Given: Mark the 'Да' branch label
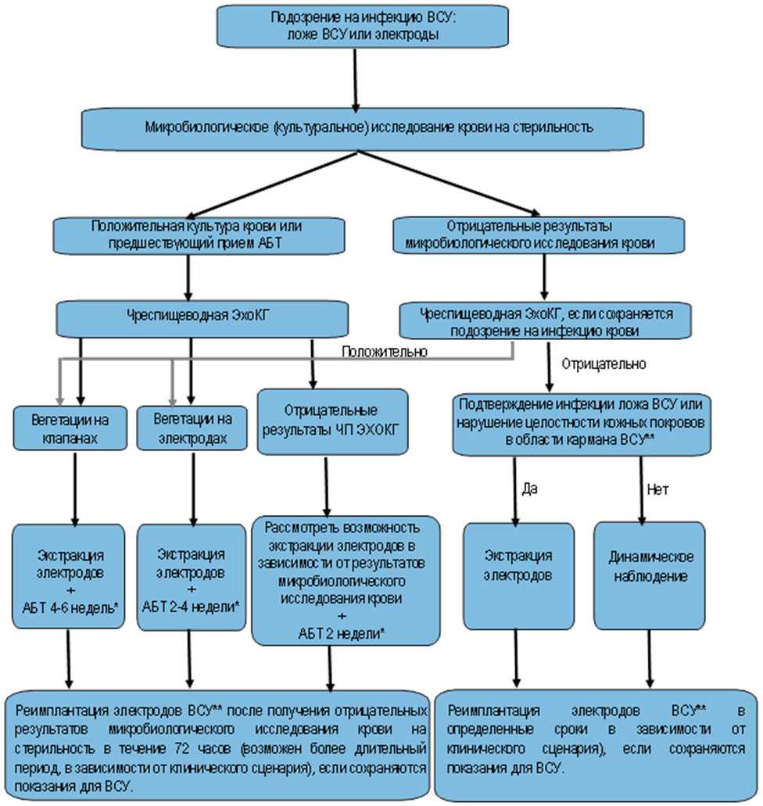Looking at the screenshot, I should (x=529, y=489).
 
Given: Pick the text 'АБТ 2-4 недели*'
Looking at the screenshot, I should (x=190, y=604).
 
